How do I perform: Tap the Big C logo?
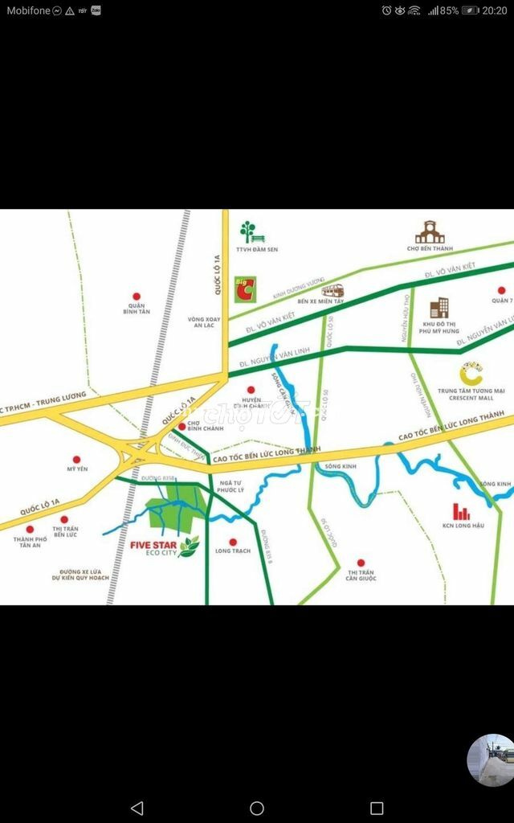[245, 289]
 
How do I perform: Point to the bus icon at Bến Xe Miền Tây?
[332, 290]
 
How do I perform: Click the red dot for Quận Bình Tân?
[136, 297]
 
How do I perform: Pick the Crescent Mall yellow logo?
[471, 375]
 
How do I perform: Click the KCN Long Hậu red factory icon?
[461, 511]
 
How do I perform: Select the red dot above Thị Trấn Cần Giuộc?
[361, 563]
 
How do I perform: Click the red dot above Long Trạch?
[233, 542]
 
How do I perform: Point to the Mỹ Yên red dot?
[76, 456]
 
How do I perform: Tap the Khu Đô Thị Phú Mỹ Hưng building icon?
[439, 308]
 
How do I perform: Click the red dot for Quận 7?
[502, 290]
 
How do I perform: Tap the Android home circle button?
[257, 808]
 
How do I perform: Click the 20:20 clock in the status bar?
[496, 10]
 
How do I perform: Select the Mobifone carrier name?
[29, 10]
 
